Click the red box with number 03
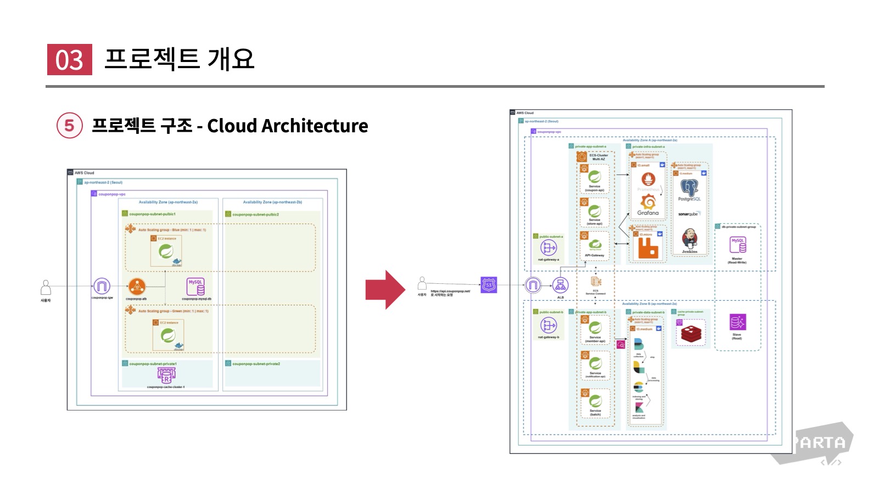click(x=69, y=59)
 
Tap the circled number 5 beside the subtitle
click(x=70, y=126)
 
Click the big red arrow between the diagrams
click(x=385, y=289)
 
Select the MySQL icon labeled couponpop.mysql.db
click(x=196, y=287)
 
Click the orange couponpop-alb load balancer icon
click(x=137, y=286)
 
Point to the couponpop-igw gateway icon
click(x=102, y=286)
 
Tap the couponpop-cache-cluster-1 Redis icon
click(x=166, y=375)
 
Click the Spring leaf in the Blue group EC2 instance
click(x=166, y=251)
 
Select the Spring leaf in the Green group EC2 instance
click(x=168, y=335)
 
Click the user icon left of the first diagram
click(x=46, y=287)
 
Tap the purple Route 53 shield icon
click(x=489, y=285)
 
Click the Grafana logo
click(x=648, y=203)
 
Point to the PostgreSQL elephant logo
click(x=689, y=188)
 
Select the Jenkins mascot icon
click(x=690, y=239)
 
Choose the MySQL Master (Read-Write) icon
click(x=737, y=245)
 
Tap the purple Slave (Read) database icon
click(x=737, y=322)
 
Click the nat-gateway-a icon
click(x=549, y=248)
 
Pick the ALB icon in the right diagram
click(x=560, y=285)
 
